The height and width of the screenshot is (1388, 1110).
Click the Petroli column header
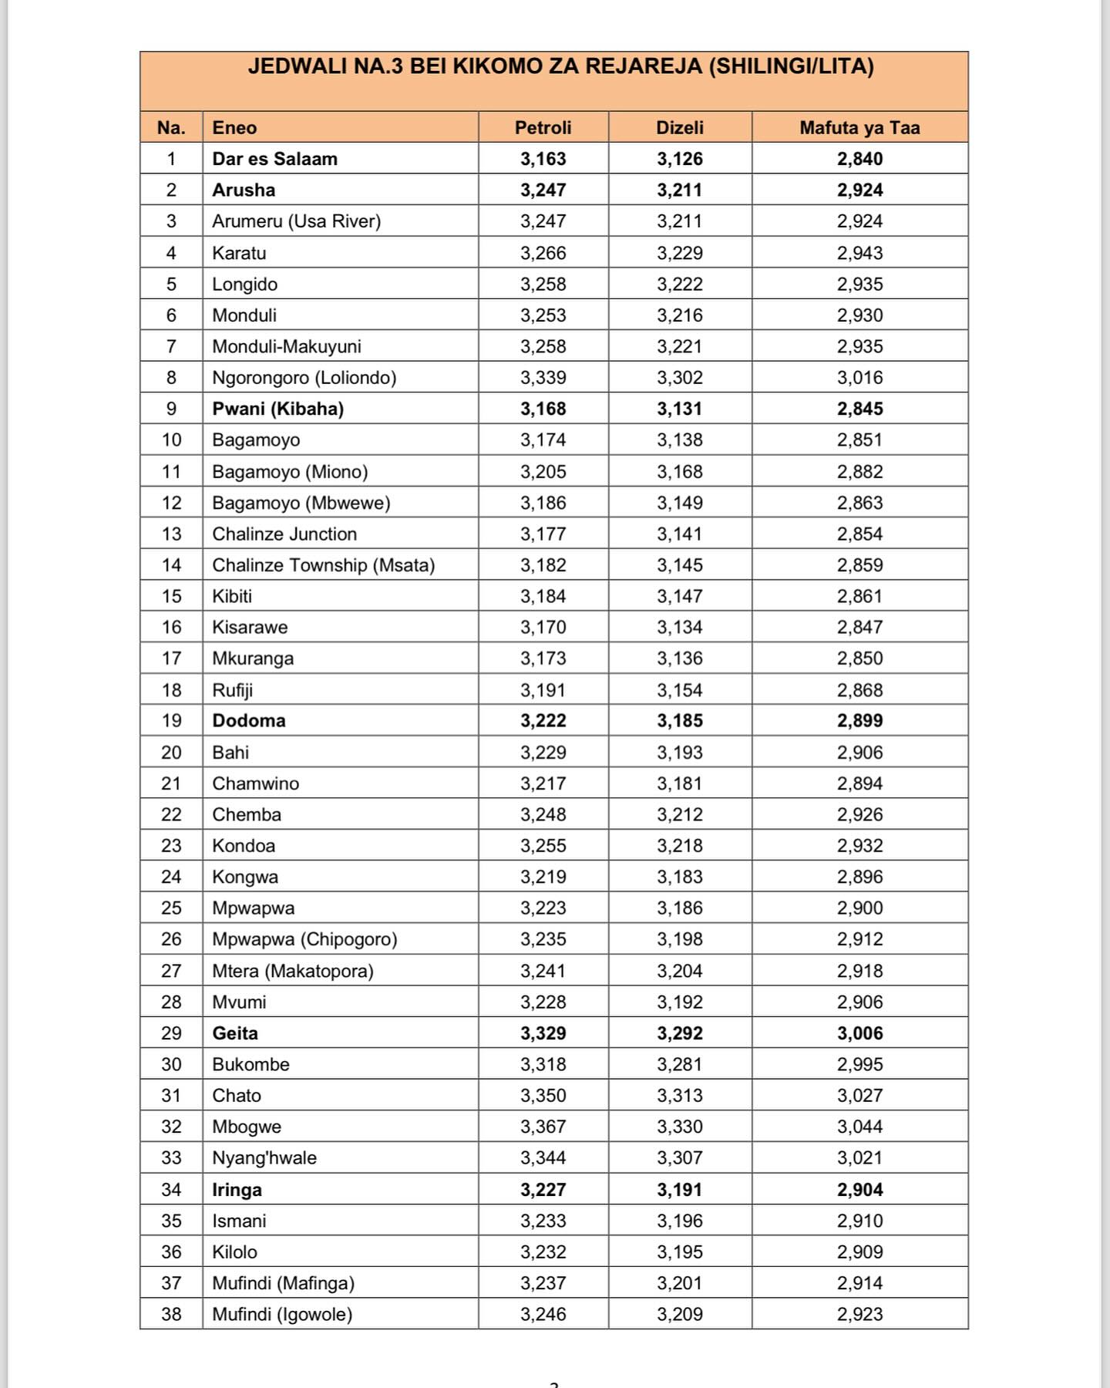543,127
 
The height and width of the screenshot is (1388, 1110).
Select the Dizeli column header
679,127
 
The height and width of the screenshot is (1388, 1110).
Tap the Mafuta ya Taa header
859,127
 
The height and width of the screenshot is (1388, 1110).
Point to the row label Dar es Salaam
274,159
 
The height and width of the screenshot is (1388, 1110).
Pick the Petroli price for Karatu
543,253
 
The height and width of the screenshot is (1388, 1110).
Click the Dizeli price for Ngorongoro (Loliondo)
679,377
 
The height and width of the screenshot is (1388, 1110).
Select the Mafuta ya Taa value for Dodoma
859,720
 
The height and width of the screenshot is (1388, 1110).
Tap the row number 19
171,720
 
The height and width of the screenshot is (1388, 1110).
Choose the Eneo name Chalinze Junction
284,534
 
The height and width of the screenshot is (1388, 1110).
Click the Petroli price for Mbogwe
543,1127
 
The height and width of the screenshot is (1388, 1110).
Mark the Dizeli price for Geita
679,1033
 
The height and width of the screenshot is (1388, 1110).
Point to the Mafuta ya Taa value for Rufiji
859,690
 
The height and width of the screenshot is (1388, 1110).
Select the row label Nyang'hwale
264,1157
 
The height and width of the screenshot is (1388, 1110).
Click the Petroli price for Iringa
543,1190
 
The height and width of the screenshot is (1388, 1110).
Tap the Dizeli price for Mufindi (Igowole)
679,1314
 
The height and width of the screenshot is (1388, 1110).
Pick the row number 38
171,1314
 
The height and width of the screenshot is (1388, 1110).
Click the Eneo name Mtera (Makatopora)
292,971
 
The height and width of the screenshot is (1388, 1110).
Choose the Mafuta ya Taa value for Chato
859,1095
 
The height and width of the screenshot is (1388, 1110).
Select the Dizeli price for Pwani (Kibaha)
679,409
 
